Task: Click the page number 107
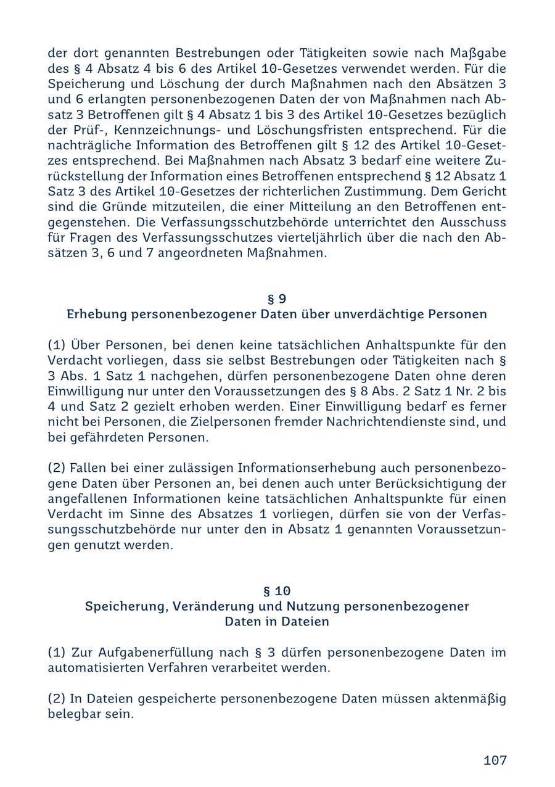(x=495, y=760)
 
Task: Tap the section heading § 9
(x=277, y=299)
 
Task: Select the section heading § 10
(x=277, y=591)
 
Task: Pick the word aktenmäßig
(x=470, y=699)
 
